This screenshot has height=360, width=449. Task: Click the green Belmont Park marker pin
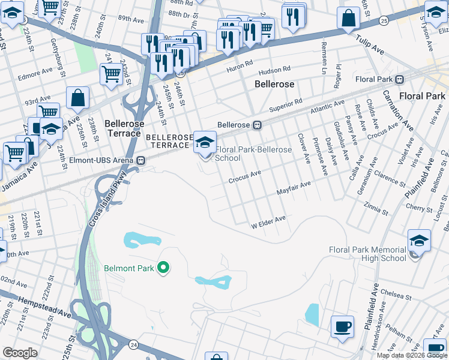(x=161, y=268)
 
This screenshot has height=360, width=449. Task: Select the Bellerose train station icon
(x=256, y=125)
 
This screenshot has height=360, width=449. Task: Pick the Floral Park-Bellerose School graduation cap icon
(x=206, y=143)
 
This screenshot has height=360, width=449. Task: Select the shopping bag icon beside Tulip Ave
(x=348, y=19)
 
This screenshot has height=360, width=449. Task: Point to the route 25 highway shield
(x=383, y=22)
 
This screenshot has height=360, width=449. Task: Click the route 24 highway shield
(x=133, y=344)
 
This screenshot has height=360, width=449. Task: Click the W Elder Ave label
(x=268, y=223)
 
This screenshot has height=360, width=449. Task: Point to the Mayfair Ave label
(x=294, y=188)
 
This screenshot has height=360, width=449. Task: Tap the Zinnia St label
(x=376, y=210)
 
